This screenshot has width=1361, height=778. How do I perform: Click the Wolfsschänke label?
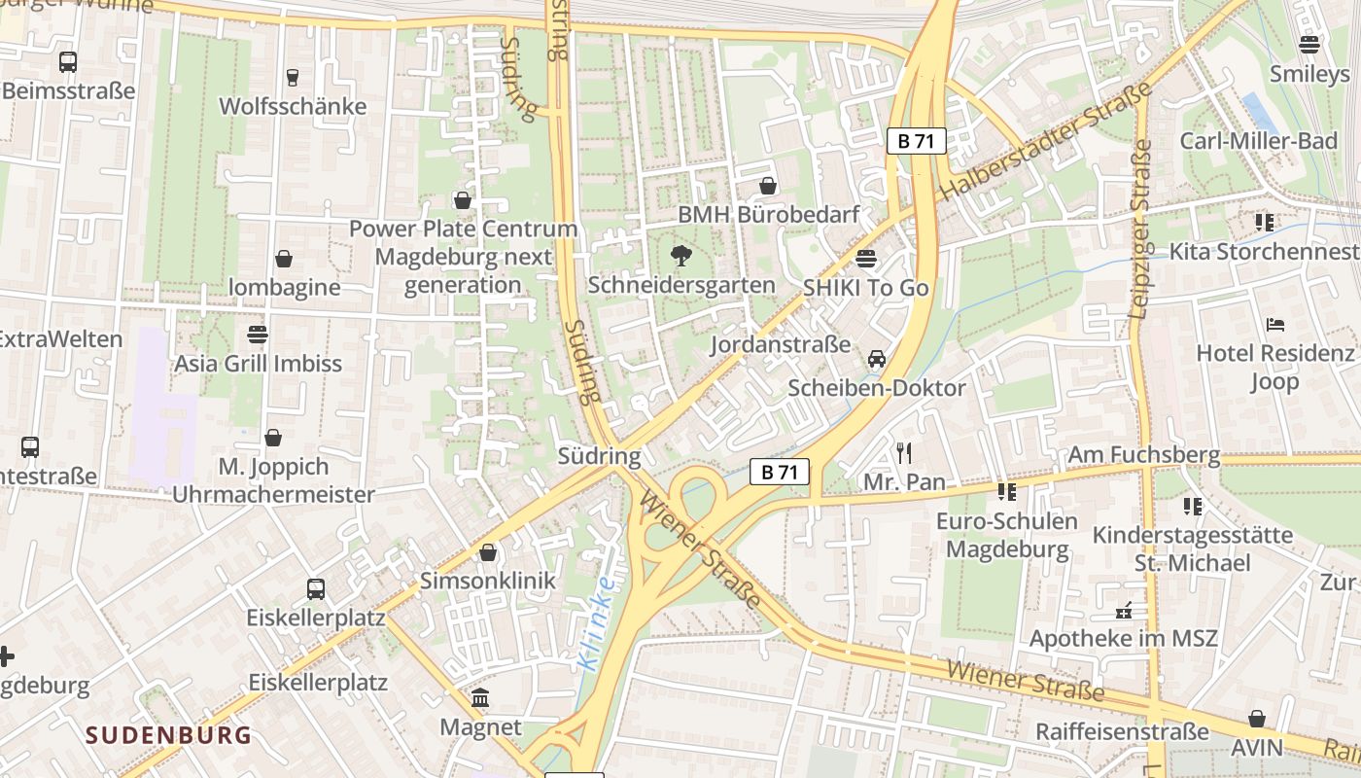pyautogui.click(x=293, y=106)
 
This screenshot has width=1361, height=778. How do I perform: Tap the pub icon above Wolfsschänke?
pyautogui.click(x=293, y=77)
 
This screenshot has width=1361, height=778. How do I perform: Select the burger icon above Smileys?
pyautogui.click(x=1309, y=45)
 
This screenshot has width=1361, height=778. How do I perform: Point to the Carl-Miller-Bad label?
pyautogui.click(x=1259, y=141)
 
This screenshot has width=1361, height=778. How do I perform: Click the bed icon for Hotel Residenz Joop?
pyautogui.click(x=1275, y=324)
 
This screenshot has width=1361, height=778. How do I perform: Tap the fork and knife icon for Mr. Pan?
pyautogui.click(x=904, y=452)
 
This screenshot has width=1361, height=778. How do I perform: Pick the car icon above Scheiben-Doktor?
pyautogui.click(x=877, y=359)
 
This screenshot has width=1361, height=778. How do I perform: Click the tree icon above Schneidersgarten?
pyautogui.click(x=680, y=256)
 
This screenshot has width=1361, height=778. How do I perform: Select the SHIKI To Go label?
pyautogui.click(x=865, y=288)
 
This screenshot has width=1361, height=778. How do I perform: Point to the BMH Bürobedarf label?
pyautogui.click(x=768, y=214)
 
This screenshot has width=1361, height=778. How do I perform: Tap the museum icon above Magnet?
pyautogui.click(x=481, y=698)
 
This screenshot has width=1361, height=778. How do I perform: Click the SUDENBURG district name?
pyautogui.click(x=168, y=734)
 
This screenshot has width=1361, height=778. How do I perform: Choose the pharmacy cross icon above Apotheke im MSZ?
pyautogui.click(x=1124, y=611)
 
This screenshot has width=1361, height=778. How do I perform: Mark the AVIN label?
pyautogui.click(x=1257, y=747)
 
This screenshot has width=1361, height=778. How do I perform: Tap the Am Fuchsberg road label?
pyautogui.click(x=1143, y=454)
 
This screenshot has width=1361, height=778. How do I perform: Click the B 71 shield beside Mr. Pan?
pyautogui.click(x=780, y=473)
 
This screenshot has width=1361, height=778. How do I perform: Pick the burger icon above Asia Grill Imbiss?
pyautogui.click(x=258, y=335)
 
